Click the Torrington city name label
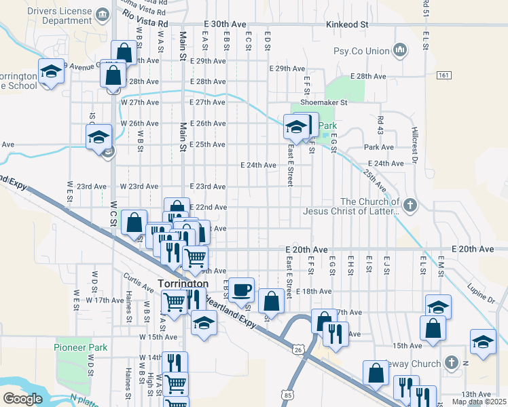coord(183,283)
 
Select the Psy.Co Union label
coord(361,51)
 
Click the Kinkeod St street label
coord(346,24)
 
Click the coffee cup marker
coord(242,290)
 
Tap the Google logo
coord(22,398)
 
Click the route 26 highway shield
coord(298,349)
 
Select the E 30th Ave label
coord(224,24)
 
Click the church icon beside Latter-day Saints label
coord(410,204)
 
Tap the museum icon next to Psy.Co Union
coord(400,50)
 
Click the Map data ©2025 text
coord(479,402)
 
